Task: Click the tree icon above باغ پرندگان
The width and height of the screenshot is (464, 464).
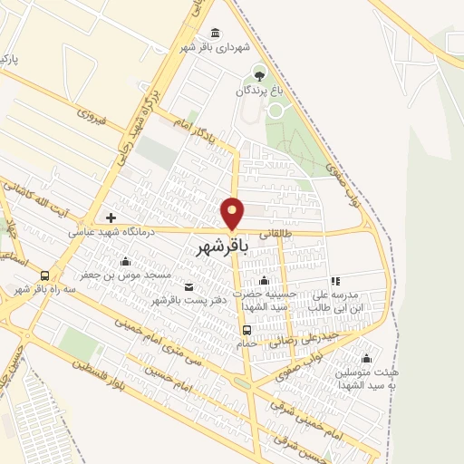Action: click(260, 74)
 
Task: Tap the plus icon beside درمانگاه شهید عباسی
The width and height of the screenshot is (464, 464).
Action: click(111, 218)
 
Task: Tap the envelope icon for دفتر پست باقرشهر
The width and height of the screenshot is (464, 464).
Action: click(188, 287)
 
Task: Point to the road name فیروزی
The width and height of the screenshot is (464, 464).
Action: click(92, 117)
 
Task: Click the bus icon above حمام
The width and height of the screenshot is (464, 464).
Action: click(246, 330)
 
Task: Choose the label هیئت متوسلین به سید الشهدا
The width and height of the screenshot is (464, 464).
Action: click(366, 380)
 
